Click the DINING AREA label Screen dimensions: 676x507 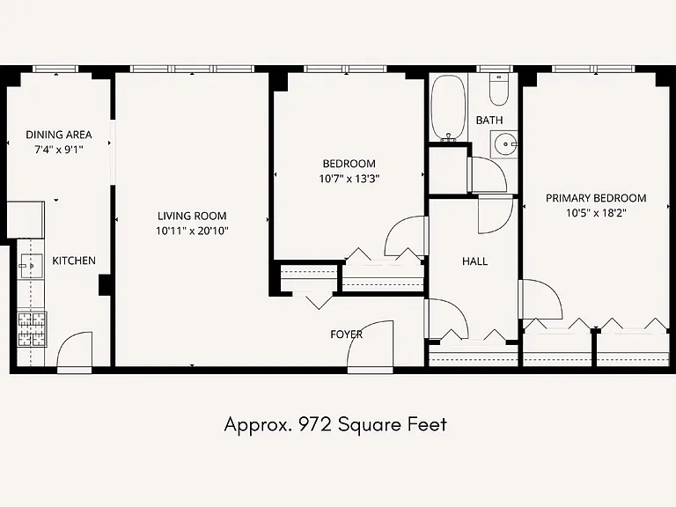pos(59,135)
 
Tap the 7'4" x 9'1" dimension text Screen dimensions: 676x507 pos(59,150)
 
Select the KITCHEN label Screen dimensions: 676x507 pos(74,261)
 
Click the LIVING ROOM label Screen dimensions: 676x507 pos(192,216)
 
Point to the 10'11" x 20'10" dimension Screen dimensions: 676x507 pos(192,231)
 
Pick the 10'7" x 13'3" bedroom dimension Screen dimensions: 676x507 pos(349,179)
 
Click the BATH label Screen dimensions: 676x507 pos(489,121)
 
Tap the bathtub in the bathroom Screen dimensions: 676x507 pos(448,107)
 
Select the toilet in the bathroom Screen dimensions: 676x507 pos(499,90)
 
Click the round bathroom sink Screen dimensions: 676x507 pos(504,144)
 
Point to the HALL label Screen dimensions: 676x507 pos(474,261)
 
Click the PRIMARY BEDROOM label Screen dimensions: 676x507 pos(596,198)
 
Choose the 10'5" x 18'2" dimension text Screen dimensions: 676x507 pos(596,213)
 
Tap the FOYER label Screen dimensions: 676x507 pos(346,334)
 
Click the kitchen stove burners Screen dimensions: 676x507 pos(32,329)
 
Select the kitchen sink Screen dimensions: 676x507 pos(31,266)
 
